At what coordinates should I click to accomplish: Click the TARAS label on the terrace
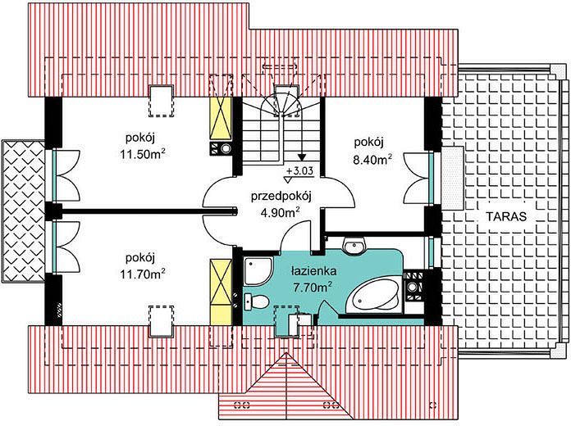pyautogui.click(x=506, y=216)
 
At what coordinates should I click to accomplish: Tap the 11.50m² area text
pyautogui.click(x=143, y=154)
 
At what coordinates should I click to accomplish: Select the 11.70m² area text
pyautogui.click(x=143, y=274)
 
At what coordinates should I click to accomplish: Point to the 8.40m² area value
pyautogui.click(x=373, y=159)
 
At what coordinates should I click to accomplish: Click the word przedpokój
pyautogui.click(x=281, y=197)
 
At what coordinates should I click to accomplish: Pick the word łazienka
pyautogui.click(x=313, y=271)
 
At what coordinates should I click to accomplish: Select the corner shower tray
pyautogui.click(x=258, y=271)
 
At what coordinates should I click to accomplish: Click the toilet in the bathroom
pyautogui.click(x=257, y=301)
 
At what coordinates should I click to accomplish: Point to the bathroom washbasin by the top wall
pyautogui.click(x=354, y=247)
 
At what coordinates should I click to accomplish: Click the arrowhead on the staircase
pyautogui.click(x=302, y=157)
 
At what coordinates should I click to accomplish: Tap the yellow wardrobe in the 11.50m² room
pyautogui.click(x=221, y=118)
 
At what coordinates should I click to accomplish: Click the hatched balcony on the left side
pyautogui.click(x=23, y=211)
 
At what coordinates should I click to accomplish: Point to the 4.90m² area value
pyautogui.click(x=281, y=212)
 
